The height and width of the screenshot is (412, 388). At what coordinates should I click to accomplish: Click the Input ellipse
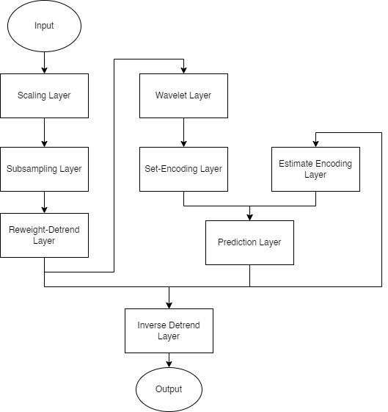44,26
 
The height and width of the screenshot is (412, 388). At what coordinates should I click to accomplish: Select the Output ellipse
169,389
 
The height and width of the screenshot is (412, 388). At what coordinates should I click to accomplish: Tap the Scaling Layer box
44,95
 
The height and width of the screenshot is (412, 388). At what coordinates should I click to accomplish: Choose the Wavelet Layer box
183,95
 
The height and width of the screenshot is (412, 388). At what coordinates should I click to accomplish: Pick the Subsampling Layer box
44,169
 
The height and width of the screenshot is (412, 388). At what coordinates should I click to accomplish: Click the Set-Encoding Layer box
183,169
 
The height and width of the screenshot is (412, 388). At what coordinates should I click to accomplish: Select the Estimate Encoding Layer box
315,169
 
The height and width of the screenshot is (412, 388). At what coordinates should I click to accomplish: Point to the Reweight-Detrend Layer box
44,235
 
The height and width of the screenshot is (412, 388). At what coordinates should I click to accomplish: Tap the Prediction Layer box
249,242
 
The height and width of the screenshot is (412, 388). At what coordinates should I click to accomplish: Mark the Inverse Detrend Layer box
169,330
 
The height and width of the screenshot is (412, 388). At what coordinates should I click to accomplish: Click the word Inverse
152,325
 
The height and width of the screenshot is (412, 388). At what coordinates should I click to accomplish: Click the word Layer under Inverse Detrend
169,336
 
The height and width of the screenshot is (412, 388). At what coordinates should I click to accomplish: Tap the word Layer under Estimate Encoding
315,175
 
